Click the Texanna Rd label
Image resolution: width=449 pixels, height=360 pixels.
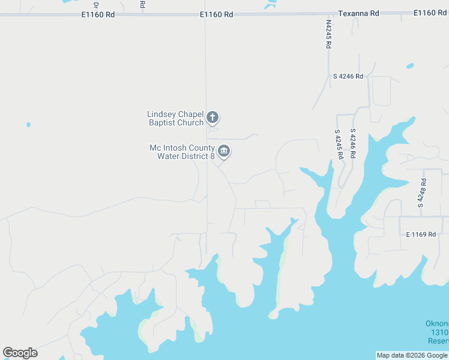coord(358,13)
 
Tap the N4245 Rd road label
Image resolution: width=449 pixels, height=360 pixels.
coord(329,34)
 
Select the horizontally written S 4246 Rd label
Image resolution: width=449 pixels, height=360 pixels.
coord(348,76)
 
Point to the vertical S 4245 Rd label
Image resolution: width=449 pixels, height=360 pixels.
coord(339,143)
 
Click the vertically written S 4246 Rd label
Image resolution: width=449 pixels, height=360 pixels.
coord(353,143)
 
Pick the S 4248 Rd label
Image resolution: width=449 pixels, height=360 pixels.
coord(423,193)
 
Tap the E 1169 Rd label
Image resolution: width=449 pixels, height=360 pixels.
coord(420,234)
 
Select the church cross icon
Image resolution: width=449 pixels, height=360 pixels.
coord(212,117)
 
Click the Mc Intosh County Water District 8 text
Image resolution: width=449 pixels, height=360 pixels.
coord(182,152)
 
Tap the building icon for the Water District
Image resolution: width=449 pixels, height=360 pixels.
coord(224,151)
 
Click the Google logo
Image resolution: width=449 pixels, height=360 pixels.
coord(20,353)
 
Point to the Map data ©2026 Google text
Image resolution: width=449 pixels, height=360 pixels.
coord(412,355)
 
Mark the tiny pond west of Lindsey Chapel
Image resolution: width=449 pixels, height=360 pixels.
coord(28,125)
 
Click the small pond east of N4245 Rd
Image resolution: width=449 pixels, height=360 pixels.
coord(410,65)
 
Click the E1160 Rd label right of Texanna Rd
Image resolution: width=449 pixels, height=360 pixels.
coord(430,13)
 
